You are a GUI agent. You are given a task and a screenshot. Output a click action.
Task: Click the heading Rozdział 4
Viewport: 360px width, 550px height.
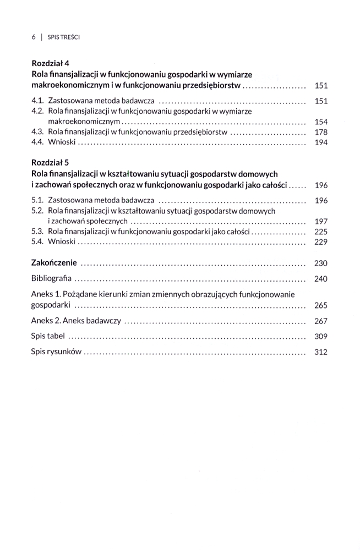click(x=50, y=63)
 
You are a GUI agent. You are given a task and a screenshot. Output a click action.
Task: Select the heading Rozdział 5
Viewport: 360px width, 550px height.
click(x=50, y=163)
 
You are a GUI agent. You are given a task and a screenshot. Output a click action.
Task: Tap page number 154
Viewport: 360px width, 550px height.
click(x=320, y=122)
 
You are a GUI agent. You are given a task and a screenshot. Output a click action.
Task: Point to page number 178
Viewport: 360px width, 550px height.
click(x=320, y=132)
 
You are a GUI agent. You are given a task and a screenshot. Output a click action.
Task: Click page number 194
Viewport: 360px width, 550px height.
click(x=320, y=142)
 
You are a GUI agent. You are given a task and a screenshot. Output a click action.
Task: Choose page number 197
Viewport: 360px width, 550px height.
click(x=320, y=221)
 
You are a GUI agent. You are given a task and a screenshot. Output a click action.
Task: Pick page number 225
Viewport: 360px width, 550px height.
click(x=320, y=232)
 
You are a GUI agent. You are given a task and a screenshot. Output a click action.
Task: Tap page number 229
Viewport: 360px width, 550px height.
click(x=320, y=242)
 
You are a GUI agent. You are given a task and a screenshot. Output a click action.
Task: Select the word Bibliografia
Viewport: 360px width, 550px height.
click(x=52, y=278)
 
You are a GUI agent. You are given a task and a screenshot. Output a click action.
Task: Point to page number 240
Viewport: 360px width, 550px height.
click(x=320, y=279)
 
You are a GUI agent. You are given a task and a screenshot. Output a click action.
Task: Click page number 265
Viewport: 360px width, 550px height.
click(x=320, y=305)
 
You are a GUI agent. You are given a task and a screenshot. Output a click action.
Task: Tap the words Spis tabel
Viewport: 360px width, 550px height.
click(x=48, y=337)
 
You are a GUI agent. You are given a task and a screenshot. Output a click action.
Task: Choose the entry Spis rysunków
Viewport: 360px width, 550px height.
click(x=56, y=353)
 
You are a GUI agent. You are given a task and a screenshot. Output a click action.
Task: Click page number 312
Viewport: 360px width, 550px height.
click(x=320, y=353)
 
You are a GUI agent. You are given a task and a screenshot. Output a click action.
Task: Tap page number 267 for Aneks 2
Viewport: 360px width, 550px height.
click(x=320, y=321)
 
